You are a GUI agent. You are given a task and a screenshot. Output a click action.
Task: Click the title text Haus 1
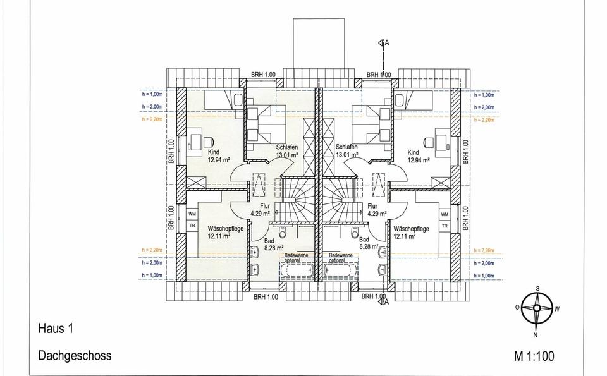[x=56, y=329]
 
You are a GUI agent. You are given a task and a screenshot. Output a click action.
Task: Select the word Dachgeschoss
[x=75, y=355]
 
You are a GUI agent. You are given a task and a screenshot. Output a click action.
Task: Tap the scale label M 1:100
[x=534, y=356]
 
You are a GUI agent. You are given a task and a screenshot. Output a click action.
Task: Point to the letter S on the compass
[x=537, y=289]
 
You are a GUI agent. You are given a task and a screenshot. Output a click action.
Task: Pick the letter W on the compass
[x=557, y=310]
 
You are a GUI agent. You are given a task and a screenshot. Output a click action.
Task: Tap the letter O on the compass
[x=517, y=306]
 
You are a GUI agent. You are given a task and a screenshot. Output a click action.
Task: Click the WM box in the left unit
[x=192, y=214]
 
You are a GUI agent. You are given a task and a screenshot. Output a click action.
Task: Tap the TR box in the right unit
[x=445, y=226]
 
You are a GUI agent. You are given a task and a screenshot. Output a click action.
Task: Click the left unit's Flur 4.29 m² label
[x=260, y=210]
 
